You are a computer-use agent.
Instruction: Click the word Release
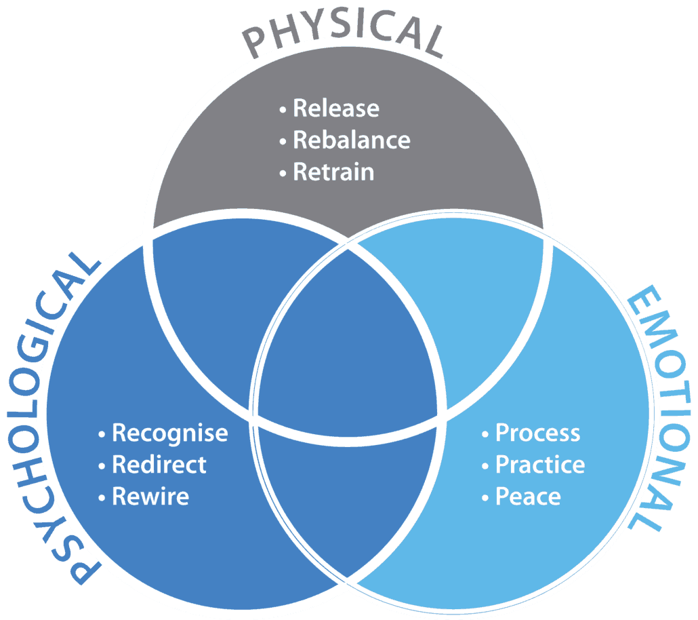336,109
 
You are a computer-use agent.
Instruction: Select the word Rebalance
352,140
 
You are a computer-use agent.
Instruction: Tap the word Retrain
333,172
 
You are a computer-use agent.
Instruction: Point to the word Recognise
170,433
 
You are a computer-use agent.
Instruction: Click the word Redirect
159,465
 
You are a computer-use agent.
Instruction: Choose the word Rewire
150,497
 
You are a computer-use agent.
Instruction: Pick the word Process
538,433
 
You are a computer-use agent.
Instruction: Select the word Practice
540,465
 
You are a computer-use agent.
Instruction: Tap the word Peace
528,497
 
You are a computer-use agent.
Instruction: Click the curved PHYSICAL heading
344,31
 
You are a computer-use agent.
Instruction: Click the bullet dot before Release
283,109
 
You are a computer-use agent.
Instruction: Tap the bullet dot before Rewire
102,497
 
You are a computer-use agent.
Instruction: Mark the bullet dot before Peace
485,497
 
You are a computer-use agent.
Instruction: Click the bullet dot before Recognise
102,433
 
